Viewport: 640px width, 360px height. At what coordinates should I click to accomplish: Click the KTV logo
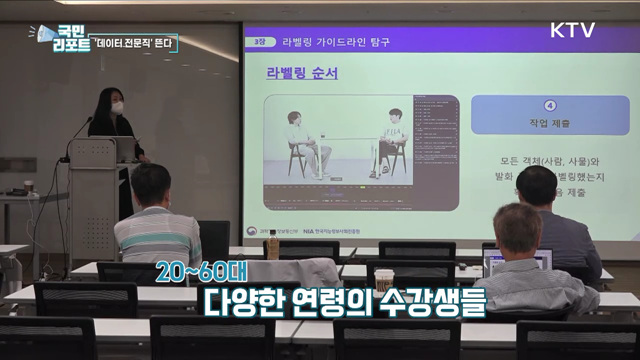click(572, 30)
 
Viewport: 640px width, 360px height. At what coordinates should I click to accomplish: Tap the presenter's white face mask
click(116, 107)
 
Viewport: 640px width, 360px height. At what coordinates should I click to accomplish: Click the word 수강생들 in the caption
click(432, 299)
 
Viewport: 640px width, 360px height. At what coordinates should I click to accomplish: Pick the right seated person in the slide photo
click(392, 140)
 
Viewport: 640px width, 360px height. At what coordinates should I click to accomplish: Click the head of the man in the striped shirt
click(151, 183)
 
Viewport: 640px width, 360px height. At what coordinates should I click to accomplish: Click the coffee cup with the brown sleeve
click(383, 280)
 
